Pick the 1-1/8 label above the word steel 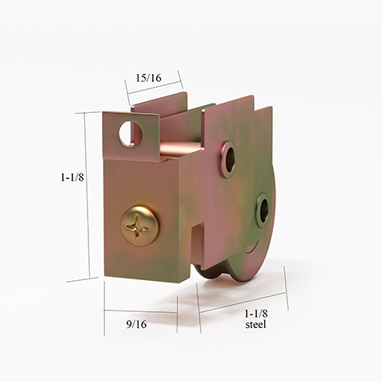tap(255, 313)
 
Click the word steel tap(255, 325)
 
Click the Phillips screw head tap(139, 224)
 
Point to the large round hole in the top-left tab tap(130, 132)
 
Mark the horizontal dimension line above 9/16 tap(140, 311)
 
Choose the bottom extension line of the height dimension tap(84, 279)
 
